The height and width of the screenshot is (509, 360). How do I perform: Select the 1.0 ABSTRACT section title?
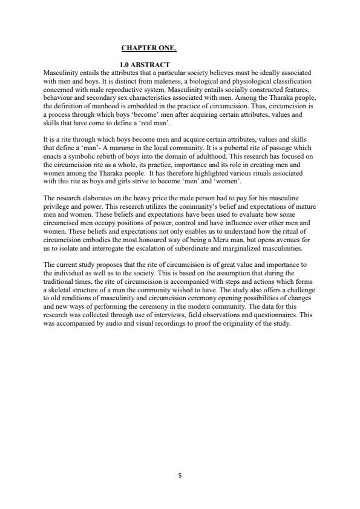145,65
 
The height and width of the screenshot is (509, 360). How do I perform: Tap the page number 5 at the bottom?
180,476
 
